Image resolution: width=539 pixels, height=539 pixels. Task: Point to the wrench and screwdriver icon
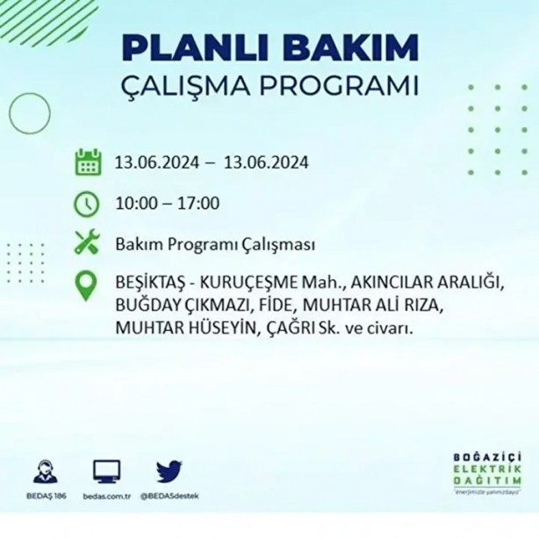pos(87,243)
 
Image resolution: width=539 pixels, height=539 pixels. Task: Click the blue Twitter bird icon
pos(169,472)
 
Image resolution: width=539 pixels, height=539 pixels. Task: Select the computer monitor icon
pos(107,472)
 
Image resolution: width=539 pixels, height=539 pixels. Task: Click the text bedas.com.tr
pos(107,496)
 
